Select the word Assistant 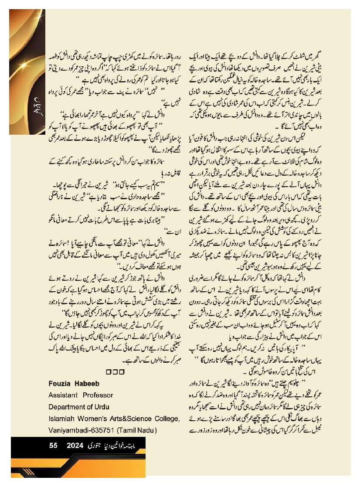point(64,395)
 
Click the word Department point(68,407)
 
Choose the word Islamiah point(62,419)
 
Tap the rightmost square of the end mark point(122,372)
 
